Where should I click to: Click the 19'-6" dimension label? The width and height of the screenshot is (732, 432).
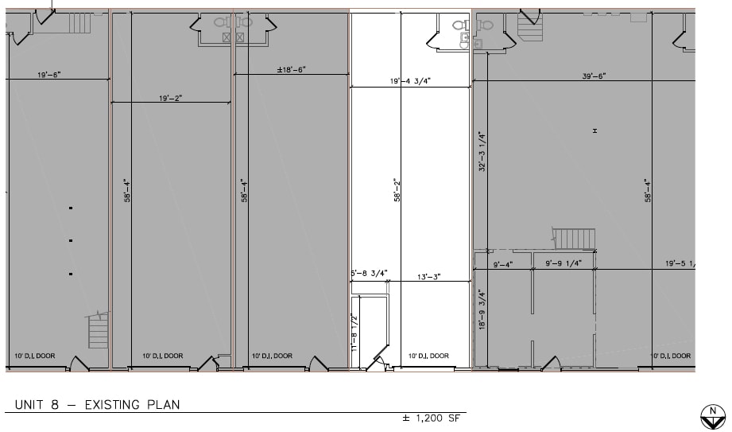pos(48,74)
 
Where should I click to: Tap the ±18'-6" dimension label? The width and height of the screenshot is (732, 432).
pos(291,70)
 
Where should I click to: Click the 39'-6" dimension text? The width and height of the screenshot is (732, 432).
pos(595,76)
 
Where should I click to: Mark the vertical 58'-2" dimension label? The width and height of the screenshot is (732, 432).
pos(397,190)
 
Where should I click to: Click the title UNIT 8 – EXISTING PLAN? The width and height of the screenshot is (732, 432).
pos(97,405)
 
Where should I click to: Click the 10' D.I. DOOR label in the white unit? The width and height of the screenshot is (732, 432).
pos(428,356)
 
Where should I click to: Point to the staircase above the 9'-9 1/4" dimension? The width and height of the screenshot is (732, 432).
pos(573,238)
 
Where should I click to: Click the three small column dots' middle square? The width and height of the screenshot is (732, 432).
pos(71,240)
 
